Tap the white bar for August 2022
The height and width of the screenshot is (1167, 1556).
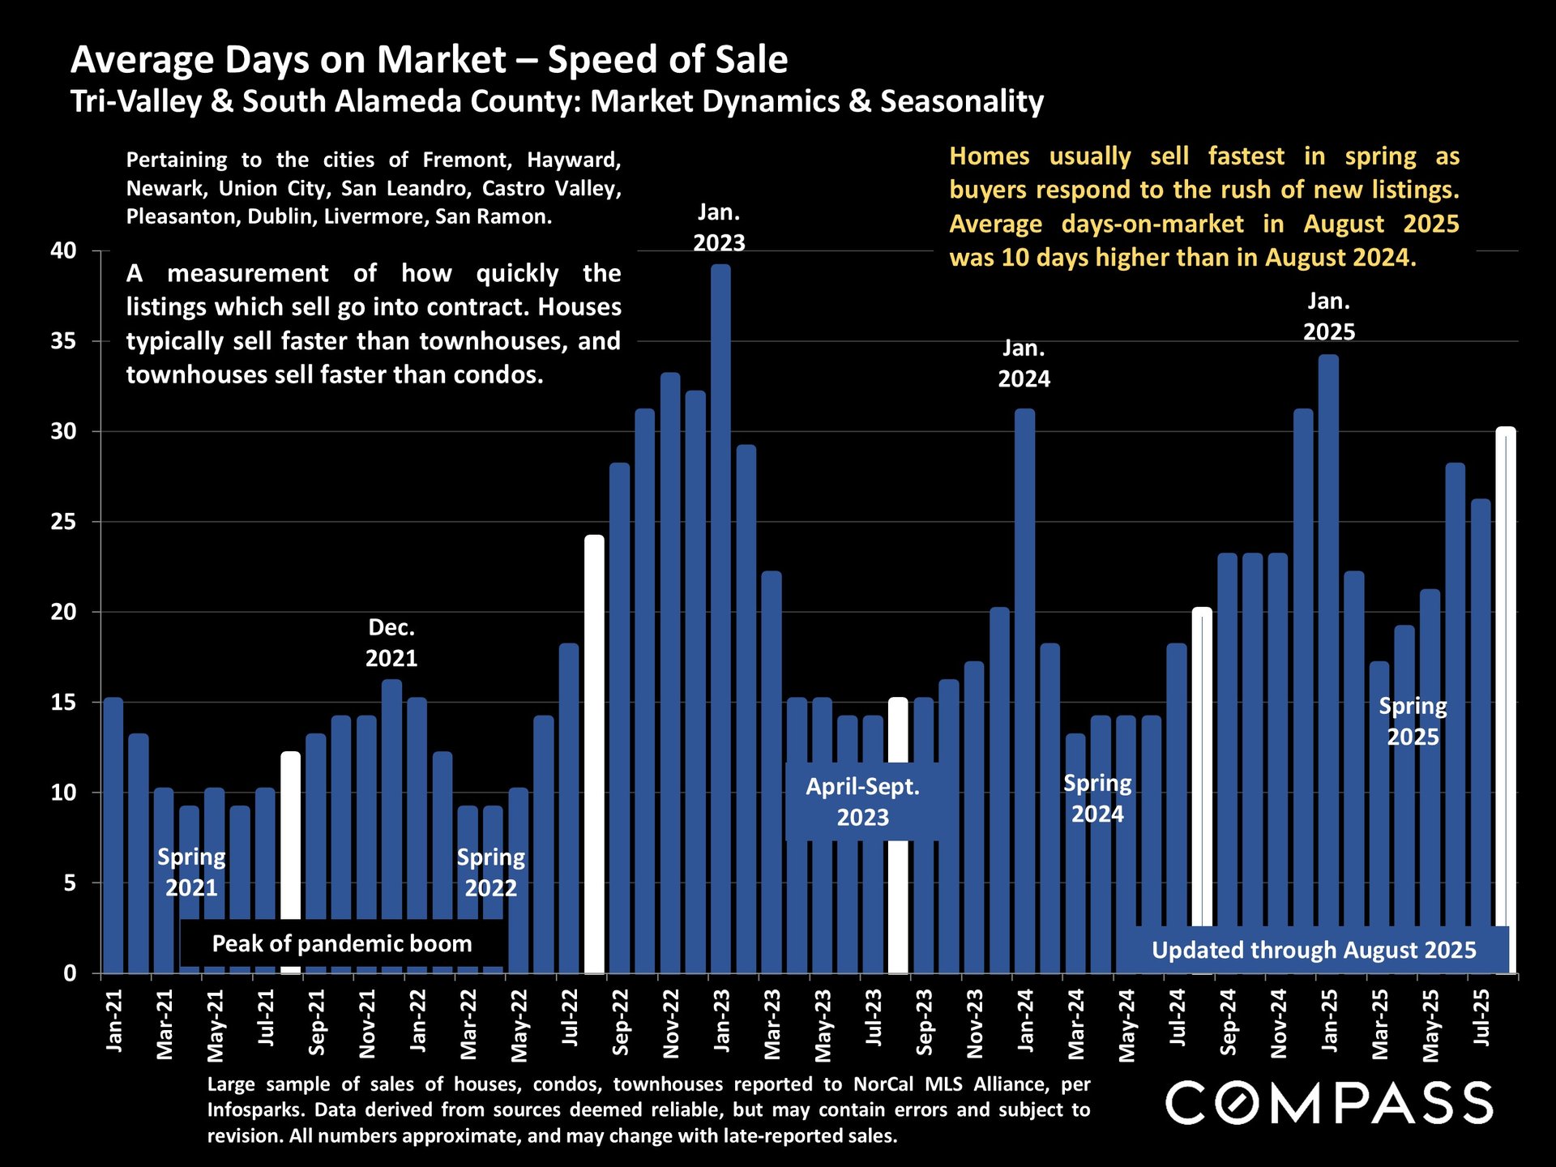tap(594, 754)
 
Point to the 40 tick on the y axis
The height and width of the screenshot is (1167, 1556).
tap(64, 250)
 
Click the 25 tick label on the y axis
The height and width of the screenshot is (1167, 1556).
tap(64, 522)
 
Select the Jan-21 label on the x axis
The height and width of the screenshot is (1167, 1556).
tap(114, 1020)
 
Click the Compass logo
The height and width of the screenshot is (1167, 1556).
tap(1329, 1103)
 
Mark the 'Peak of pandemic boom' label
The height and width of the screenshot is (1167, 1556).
tap(342, 943)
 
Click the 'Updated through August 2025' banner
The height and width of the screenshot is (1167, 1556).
tap(1314, 950)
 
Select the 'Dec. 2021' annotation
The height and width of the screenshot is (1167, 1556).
tap(391, 643)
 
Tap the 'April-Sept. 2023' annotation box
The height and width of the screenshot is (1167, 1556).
tap(862, 802)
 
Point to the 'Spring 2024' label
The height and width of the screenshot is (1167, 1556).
tap(1097, 798)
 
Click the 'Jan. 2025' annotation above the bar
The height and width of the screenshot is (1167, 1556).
tap(1329, 316)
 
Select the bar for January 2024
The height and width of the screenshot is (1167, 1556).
tap(1024, 689)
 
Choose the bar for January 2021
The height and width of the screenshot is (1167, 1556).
tap(113, 835)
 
